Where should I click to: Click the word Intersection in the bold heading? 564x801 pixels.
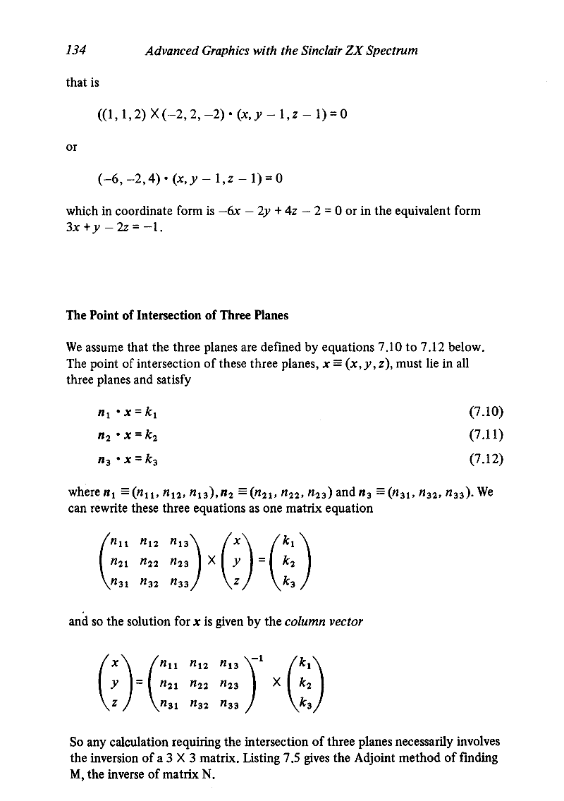pos(159,315)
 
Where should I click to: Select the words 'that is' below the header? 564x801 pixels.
pos(82,82)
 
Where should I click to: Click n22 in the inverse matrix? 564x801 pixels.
pos(194,686)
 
